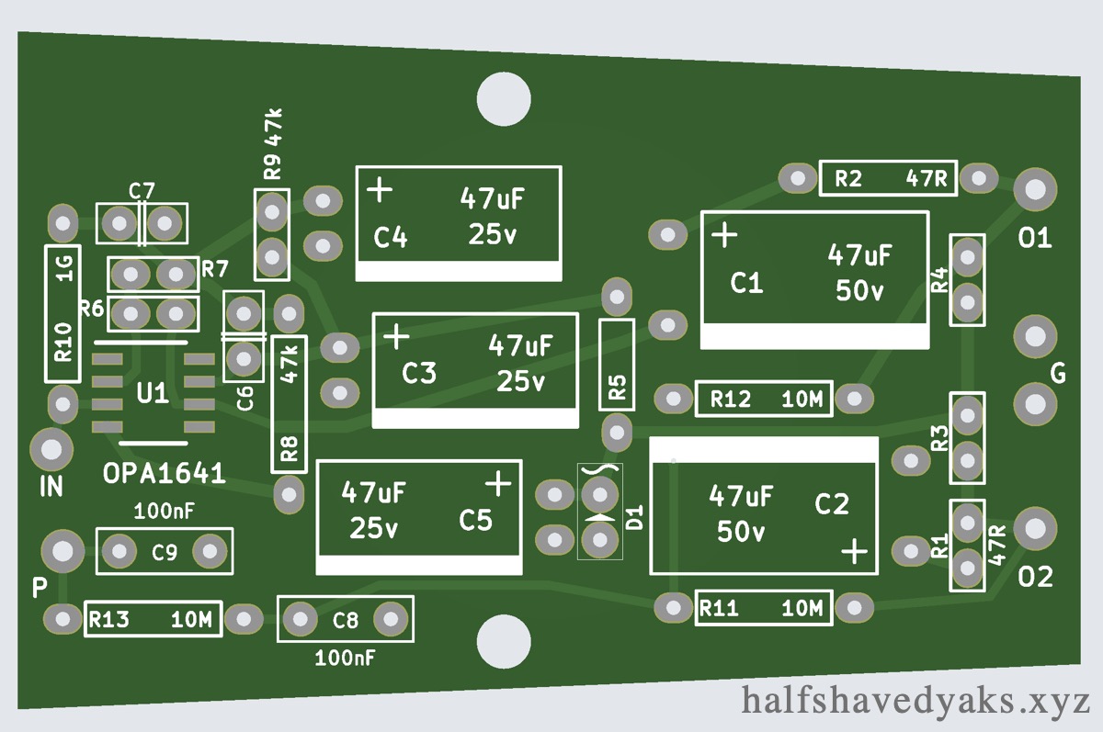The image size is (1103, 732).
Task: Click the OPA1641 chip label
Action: click(x=165, y=474)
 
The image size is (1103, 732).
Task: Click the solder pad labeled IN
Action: click(x=51, y=449)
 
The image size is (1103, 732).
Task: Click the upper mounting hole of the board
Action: click(x=504, y=97)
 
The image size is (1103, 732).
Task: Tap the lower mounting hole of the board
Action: click(x=504, y=643)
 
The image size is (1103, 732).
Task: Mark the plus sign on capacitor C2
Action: click(x=856, y=551)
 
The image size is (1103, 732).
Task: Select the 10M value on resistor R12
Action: click(x=802, y=400)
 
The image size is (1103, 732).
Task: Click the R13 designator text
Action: click(x=108, y=620)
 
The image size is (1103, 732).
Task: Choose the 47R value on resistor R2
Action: click(x=927, y=179)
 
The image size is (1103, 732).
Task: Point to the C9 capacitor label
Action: click(x=165, y=553)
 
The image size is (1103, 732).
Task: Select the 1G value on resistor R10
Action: click(x=63, y=267)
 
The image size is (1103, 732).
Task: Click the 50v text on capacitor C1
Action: click(x=859, y=290)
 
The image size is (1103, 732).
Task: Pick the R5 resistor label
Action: click(x=617, y=389)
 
